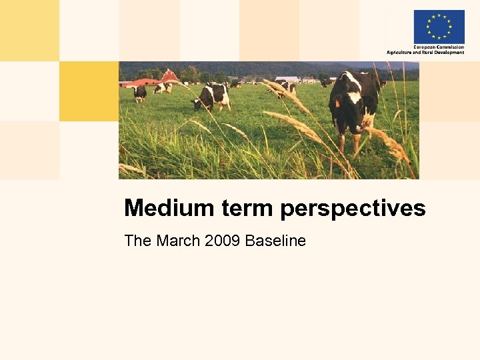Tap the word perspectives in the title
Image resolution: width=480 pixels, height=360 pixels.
353,209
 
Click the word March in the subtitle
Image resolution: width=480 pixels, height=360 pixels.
179,241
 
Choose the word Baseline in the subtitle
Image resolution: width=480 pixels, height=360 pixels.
275,241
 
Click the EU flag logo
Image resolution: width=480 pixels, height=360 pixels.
439,26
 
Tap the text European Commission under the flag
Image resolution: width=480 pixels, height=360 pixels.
439,47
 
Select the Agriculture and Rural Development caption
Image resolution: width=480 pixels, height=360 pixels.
425,52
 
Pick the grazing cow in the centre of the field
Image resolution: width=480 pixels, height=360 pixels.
213,97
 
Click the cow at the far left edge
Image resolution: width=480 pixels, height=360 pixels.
139,91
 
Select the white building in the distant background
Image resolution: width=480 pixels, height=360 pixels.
287,79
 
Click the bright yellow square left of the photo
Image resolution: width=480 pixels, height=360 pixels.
89,91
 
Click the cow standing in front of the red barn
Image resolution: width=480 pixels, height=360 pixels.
163,87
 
